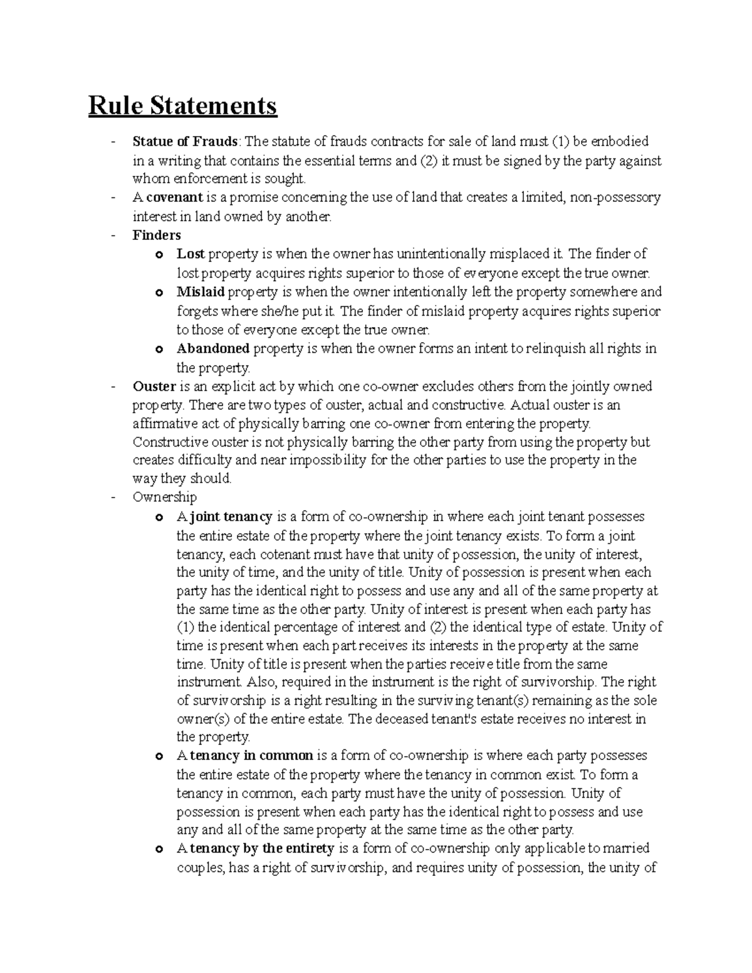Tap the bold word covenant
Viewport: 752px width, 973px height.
(x=174, y=198)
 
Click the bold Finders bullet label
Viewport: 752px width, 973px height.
(x=157, y=236)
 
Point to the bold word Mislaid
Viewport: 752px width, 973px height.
(x=200, y=292)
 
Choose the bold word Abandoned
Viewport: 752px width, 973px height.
(x=213, y=348)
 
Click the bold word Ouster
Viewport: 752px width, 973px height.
(x=154, y=386)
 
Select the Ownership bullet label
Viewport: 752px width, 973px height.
(x=165, y=497)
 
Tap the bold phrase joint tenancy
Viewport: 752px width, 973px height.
(x=231, y=517)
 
